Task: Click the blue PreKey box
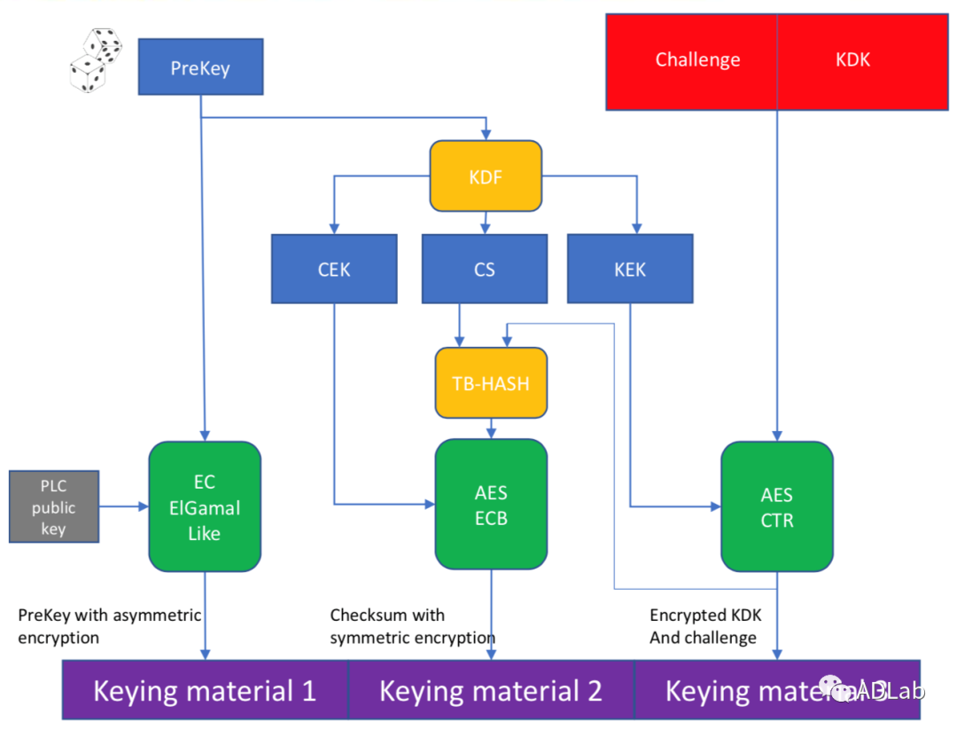click(200, 67)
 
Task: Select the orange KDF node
click(486, 177)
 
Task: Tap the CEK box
click(334, 269)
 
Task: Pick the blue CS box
click(484, 269)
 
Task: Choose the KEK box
click(630, 269)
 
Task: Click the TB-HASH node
click(491, 383)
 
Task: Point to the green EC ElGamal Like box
click(205, 506)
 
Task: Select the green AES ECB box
click(491, 505)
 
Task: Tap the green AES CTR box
click(777, 506)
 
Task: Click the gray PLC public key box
click(54, 507)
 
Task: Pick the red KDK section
click(852, 61)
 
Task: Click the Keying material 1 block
click(205, 690)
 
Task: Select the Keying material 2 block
click(491, 690)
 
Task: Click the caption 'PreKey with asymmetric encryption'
click(109, 626)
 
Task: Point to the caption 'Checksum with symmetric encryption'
click(412, 626)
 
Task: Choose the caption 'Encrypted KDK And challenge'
click(704, 626)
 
